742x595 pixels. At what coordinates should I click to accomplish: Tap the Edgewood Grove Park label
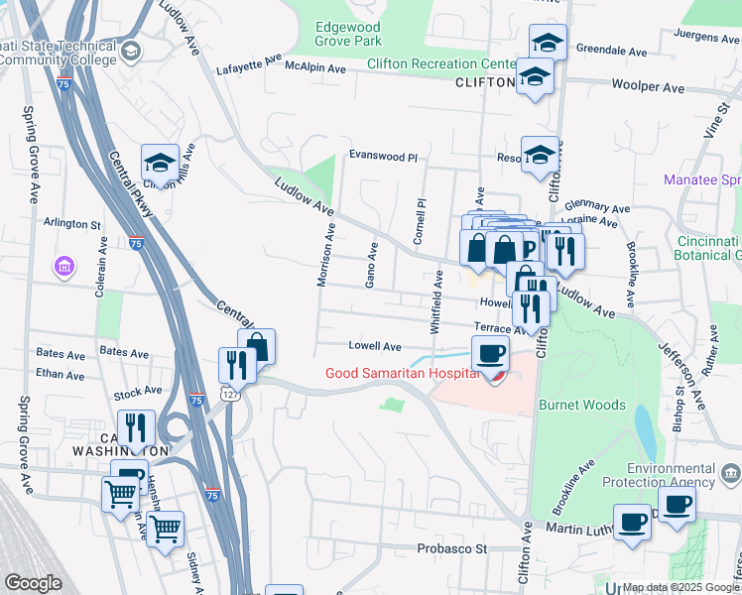(348, 34)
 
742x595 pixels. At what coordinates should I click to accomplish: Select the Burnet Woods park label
(581, 405)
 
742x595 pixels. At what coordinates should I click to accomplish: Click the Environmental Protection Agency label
(671, 475)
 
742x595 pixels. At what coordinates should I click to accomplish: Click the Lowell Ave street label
(374, 346)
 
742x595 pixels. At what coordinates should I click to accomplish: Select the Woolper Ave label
(648, 87)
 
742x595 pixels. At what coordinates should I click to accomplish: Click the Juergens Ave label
(707, 36)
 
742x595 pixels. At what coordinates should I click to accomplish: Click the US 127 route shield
(229, 394)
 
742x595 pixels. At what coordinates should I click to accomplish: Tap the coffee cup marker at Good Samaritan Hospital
(490, 354)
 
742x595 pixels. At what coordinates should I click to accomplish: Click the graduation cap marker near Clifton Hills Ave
(160, 162)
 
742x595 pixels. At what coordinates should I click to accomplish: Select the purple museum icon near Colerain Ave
(64, 267)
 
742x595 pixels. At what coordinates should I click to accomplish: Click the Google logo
(33, 582)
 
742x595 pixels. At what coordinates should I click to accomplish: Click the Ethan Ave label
(60, 375)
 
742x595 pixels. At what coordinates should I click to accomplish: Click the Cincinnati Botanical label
(708, 249)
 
